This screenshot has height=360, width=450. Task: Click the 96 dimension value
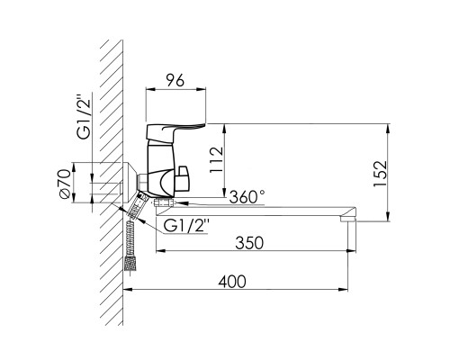pos(175,80)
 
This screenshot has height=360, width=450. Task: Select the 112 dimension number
pos(217,159)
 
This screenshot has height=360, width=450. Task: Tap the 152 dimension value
pos(381,174)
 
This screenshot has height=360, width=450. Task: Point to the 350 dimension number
pos(249,243)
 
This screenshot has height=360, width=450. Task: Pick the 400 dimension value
pos(232,282)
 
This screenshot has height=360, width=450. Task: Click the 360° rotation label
pos(247,197)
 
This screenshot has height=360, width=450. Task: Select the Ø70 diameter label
pos(65,184)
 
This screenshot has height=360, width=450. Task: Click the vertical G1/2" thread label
pos(83,117)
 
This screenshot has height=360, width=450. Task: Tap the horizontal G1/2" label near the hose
pos(186,226)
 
